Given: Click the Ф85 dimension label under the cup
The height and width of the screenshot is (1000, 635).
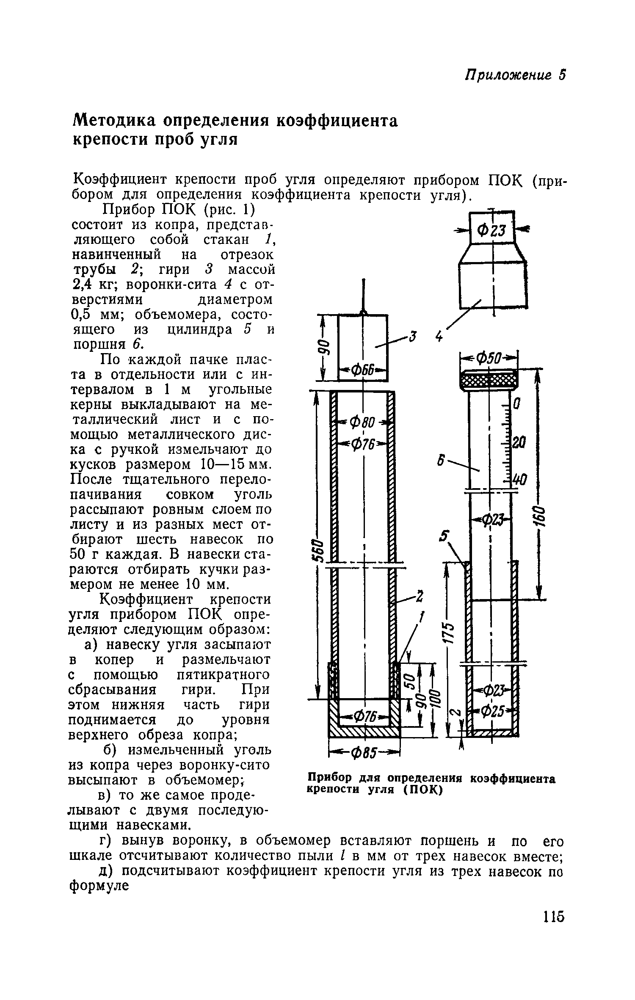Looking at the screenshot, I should [x=364, y=752].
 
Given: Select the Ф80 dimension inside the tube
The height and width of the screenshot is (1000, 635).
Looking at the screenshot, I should [x=365, y=423].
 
